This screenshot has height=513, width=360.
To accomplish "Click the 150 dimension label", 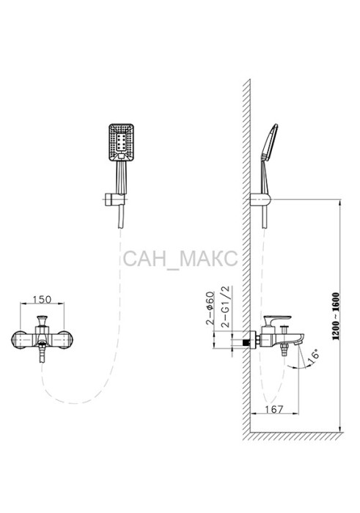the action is click(43, 299).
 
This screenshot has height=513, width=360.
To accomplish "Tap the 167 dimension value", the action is click(274, 409).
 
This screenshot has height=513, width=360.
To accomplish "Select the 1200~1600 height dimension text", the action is click(337, 316).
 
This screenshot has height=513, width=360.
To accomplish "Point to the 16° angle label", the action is click(315, 355).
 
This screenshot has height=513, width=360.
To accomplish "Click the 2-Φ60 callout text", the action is click(210, 308).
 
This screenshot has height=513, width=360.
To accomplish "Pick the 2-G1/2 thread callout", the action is click(226, 306).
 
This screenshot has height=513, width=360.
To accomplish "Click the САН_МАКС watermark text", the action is click(180, 259).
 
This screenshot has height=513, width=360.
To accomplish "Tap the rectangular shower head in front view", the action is click(121, 142).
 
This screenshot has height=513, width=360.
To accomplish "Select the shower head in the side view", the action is click(271, 142).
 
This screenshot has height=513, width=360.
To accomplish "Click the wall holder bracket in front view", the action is click(114, 199).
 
